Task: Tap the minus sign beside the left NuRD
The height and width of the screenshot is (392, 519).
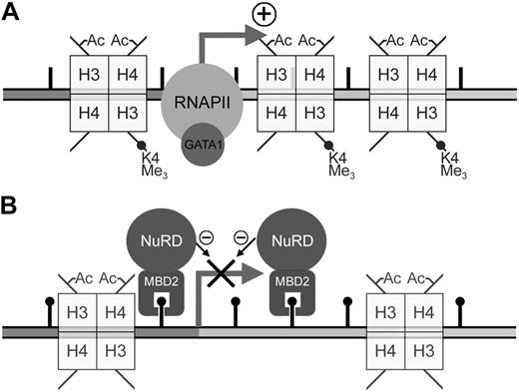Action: (205, 237)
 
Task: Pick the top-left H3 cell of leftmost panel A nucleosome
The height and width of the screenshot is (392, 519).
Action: (86, 75)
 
